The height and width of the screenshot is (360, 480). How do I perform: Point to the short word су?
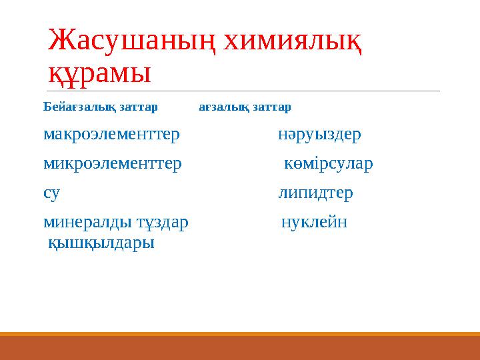51,193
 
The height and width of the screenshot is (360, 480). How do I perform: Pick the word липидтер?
315,193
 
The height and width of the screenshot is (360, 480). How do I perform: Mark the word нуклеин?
314,222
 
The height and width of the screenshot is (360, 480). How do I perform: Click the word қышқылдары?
101,243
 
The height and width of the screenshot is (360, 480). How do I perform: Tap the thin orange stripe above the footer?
240,334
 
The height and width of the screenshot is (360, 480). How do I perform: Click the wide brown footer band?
240,348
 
